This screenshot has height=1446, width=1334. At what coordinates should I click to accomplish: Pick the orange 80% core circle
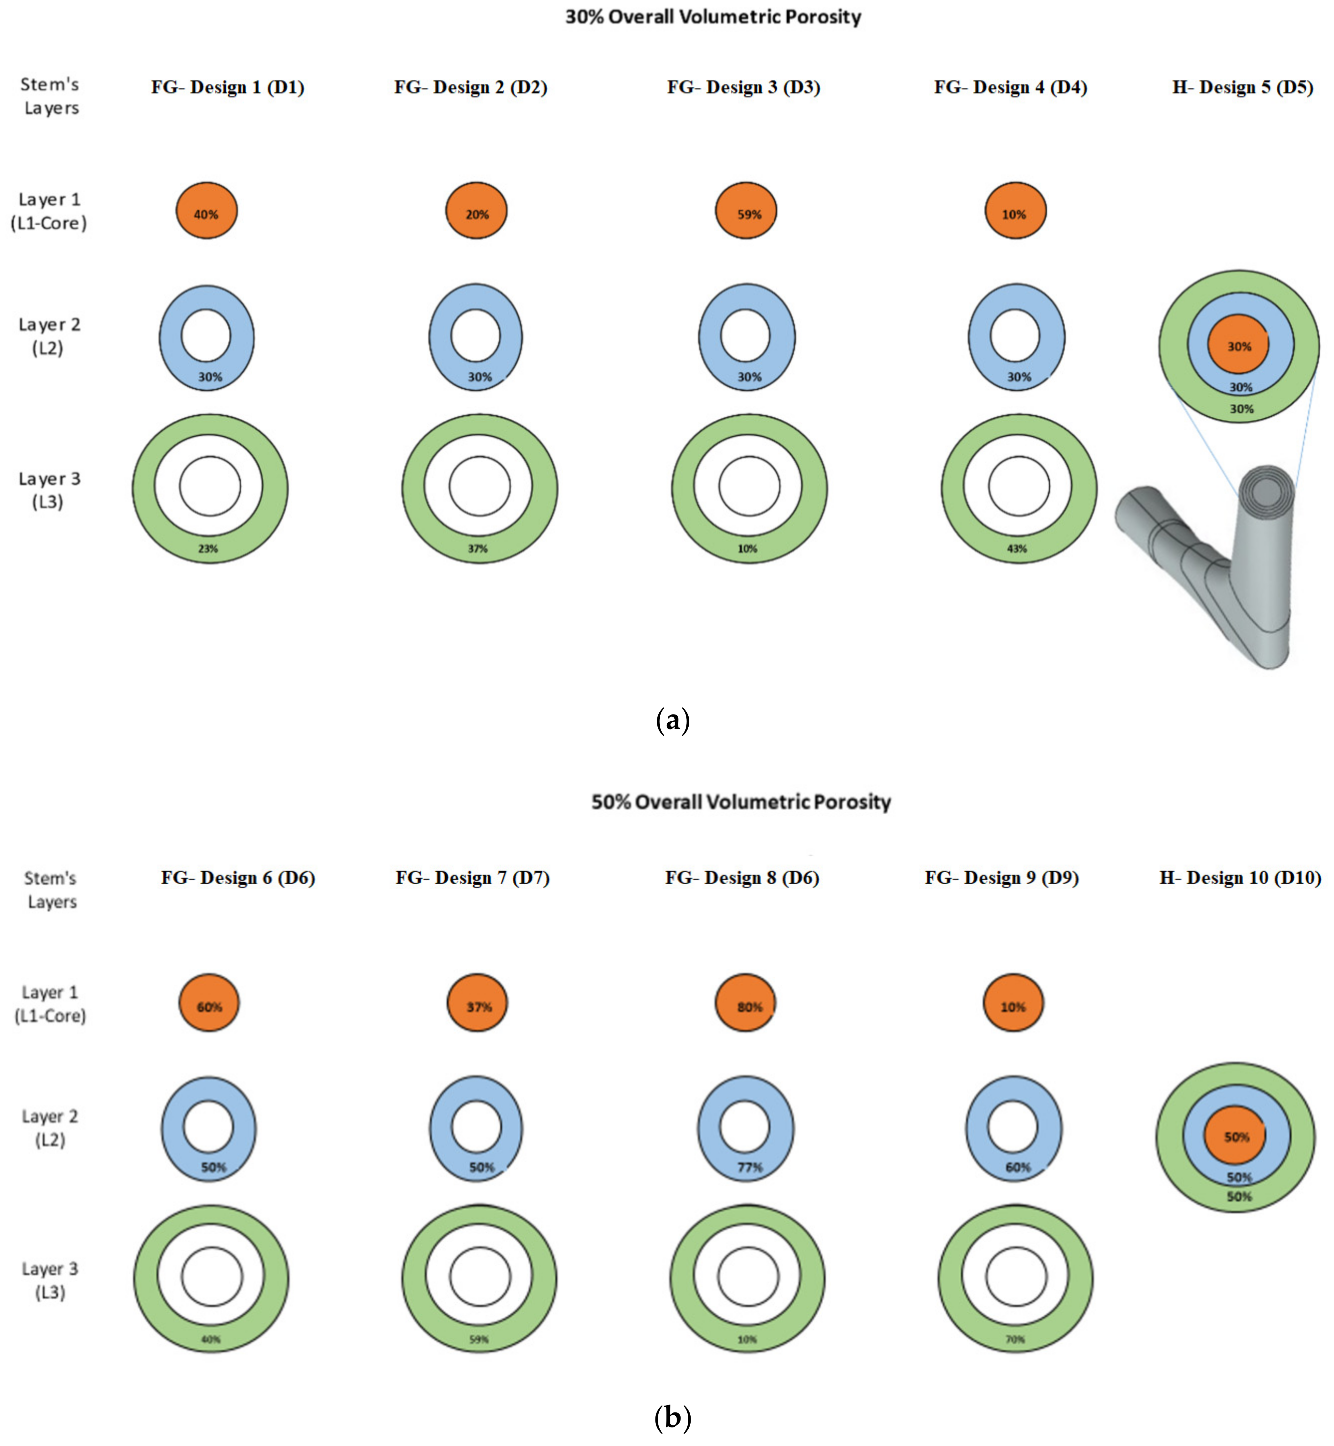click(746, 1004)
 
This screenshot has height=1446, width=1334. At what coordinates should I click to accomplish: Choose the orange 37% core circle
click(477, 1004)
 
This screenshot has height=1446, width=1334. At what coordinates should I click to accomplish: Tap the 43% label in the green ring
click(1017, 549)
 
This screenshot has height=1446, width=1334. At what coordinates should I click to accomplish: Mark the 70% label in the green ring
click(1015, 1339)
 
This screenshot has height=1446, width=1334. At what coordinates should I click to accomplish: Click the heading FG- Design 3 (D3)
click(743, 87)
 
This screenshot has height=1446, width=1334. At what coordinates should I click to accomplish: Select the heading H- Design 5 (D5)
click(1242, 87)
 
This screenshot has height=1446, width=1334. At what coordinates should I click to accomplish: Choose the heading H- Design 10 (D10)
click(1240, 878)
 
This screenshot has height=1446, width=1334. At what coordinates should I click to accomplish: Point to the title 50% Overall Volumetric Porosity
click(741, 802)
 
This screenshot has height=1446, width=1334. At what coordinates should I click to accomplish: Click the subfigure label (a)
click(673, 720)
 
